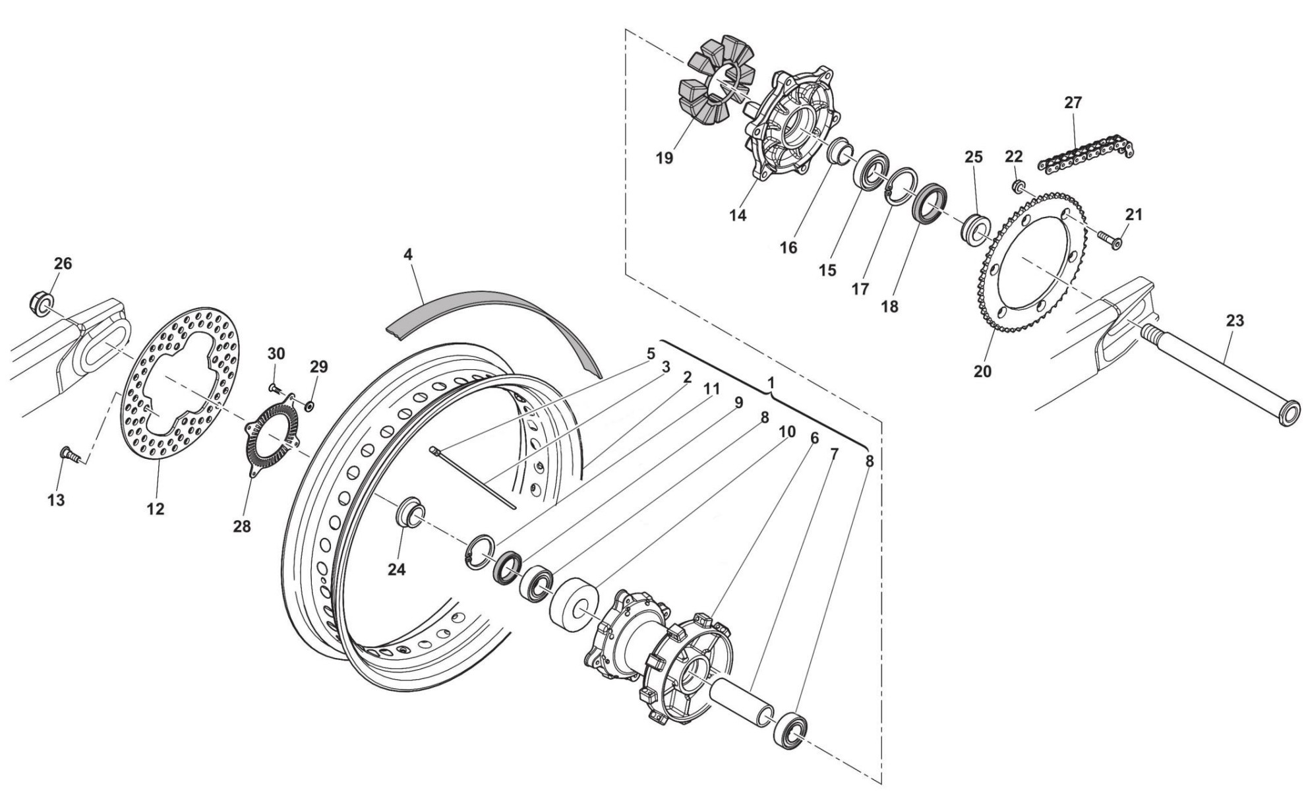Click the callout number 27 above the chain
(1073, 103)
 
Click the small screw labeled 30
(275, 389)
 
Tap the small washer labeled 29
(310, 403)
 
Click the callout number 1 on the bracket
(771, 382)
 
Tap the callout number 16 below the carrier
(788, 248)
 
